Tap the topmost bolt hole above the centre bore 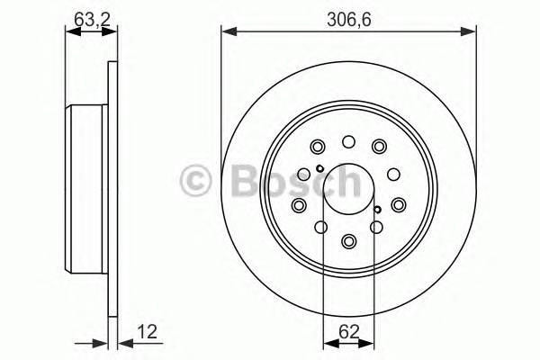348,141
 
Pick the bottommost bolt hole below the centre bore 348,240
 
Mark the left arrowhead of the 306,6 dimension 228,32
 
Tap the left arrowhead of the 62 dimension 327,343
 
